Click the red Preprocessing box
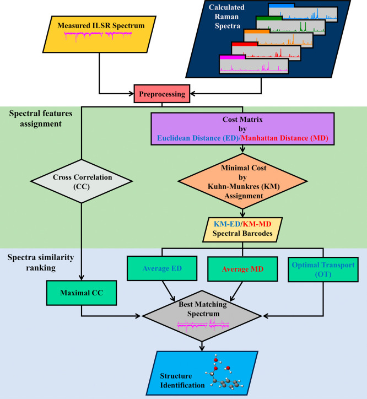pos(162,94)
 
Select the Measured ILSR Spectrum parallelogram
pos(99,34)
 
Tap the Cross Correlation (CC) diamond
pos(82,181)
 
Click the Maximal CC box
pos(82,293)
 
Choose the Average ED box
pos(162,268)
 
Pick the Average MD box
pos(242,269)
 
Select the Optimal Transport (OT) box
pos(323,269)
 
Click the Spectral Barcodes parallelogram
pos(242,229)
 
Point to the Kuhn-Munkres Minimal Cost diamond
pos(242,181)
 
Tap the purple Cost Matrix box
pos(242,129)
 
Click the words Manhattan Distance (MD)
pos(284,138)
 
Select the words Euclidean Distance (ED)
pos(197,138)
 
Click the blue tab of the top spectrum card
pos(281,6)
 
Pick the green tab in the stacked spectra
pos(269,18)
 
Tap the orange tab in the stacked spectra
pos(257,31)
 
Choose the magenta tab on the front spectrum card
pos(232,57)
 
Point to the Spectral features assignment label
pos(41,118)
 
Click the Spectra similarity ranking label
pos(41,262)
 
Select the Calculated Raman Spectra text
pos(226,17)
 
